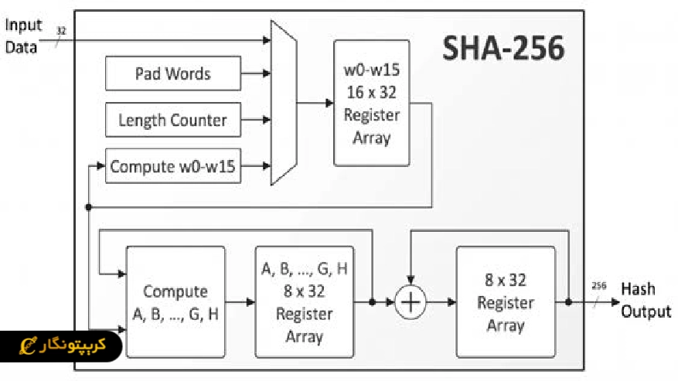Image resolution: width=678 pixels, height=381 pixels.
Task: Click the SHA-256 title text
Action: click(503, 48)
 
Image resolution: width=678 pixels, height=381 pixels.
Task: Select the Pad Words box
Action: click(172, 74)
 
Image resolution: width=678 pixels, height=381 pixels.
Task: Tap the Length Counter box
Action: click(172, 120)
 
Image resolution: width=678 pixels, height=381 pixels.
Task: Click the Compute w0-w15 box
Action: click(172, 166)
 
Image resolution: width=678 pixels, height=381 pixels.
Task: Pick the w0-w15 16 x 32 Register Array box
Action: click(371, 104)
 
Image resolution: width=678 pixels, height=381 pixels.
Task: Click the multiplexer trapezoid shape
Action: click(283, 104)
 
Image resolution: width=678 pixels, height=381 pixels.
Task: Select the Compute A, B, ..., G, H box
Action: click(175, 302)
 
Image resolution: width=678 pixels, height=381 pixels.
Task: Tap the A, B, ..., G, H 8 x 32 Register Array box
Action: click(304, 302)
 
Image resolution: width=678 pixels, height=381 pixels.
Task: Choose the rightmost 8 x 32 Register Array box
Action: click(505, 302)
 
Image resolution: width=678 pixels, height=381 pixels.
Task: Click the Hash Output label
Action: click(646, 300)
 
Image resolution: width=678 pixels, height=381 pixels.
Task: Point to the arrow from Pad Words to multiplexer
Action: click(255, 74)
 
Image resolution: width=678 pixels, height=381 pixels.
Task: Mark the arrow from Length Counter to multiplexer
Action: click(255, 120)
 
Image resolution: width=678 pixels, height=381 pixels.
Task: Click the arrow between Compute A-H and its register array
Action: click(240, 302)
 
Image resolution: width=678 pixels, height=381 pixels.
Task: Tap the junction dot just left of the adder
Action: click(372, 302)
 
